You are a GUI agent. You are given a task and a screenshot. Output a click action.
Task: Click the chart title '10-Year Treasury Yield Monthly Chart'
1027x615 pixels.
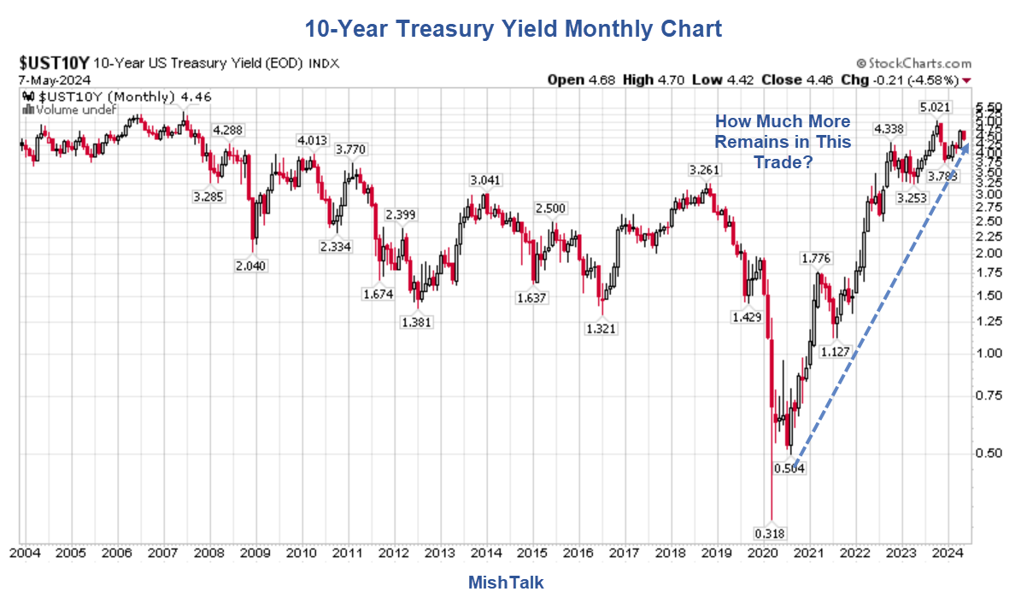[513, 29]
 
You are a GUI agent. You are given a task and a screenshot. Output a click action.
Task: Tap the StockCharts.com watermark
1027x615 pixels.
[913, 63]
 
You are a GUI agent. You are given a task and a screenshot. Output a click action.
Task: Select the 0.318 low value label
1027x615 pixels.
[771, 534]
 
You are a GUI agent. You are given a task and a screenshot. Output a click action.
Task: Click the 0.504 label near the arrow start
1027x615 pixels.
[789, 468]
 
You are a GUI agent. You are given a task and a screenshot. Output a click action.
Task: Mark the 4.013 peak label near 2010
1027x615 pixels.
[314, 140]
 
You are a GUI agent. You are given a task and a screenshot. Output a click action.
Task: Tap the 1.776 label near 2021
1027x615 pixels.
[818, 258]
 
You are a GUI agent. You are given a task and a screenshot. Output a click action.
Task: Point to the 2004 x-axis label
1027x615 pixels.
[26, 553]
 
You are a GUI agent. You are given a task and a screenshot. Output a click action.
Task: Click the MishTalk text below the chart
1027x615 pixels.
[506, 583]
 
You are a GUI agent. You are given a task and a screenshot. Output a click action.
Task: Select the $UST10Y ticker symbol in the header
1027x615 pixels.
[53, 62]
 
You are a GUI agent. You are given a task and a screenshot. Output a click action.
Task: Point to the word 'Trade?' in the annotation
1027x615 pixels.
[783, 161]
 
